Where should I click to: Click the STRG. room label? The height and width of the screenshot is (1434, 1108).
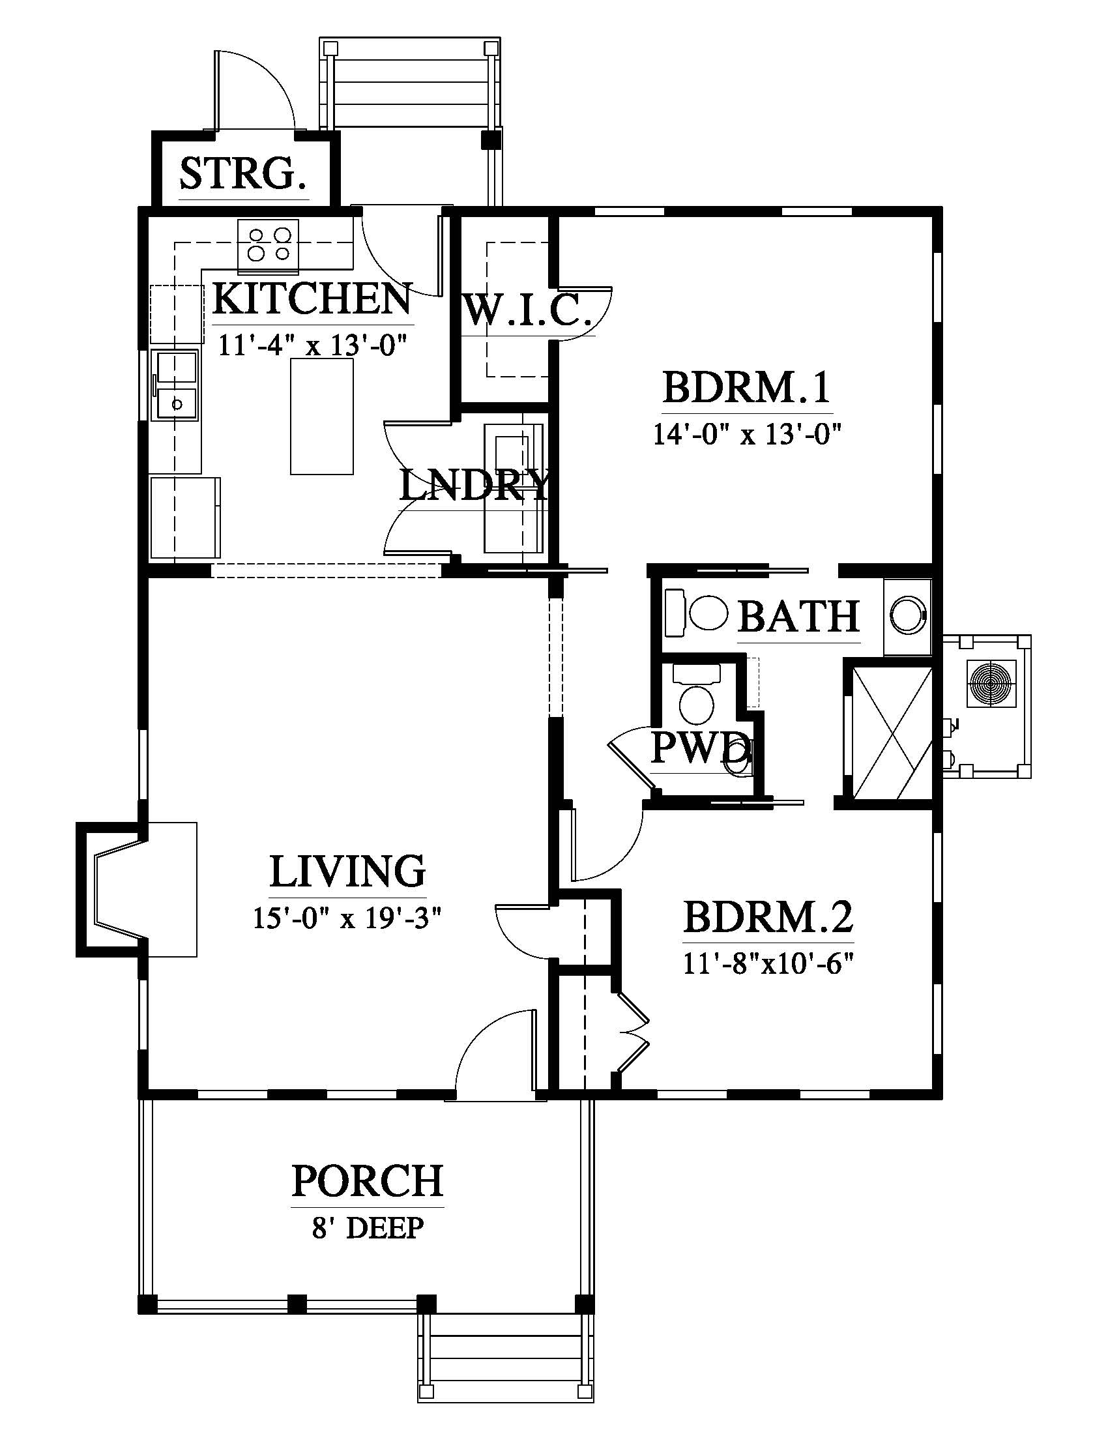[x=244, y=173]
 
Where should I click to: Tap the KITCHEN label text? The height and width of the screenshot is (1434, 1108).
[x=312, y=299]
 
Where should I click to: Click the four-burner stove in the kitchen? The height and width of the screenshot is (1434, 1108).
[x=269, y=246]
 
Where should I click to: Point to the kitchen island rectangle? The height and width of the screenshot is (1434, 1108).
[x=321, y=416]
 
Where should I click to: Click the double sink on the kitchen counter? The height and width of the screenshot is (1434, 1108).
[x=175, y=385]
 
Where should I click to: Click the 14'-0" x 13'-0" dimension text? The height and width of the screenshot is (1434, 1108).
[x=746, y=434]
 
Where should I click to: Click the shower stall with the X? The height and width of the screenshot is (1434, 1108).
[x=891, y=732]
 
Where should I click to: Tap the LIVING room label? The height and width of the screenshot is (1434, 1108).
[x=348, y=871]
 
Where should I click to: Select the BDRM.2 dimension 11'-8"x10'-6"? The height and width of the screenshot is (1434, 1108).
[x=768, y=965]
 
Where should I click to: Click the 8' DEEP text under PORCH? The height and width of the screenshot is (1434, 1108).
[x=368, y=1227]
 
